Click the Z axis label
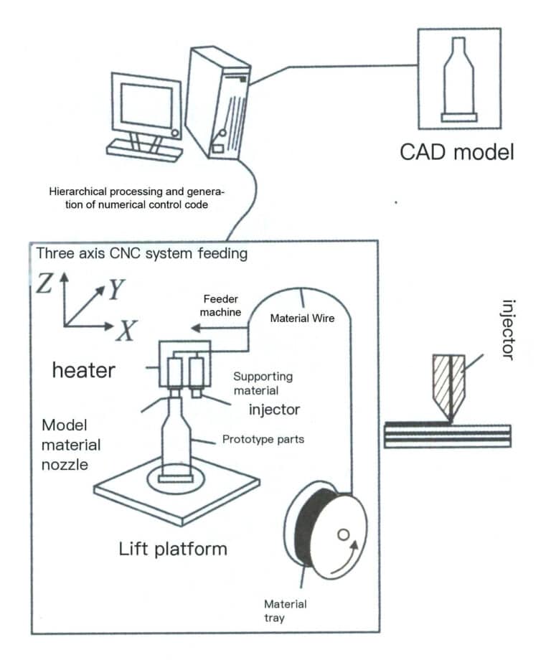click(45, 284)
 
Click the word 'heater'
click(83, 370)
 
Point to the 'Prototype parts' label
click(263, 439)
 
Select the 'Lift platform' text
click(172, 550)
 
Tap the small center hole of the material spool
click(342, 534)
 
